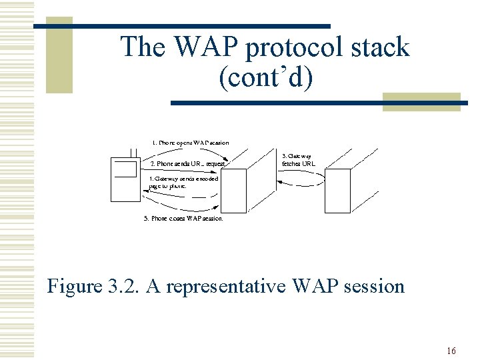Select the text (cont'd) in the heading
point(265,78)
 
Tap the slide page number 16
point(451,351)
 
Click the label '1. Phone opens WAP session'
point(190,143)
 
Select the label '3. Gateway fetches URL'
point(298,159)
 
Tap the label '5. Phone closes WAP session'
point(183,218)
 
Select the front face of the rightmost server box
point(337,191)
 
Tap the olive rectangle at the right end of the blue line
point(421,101)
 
